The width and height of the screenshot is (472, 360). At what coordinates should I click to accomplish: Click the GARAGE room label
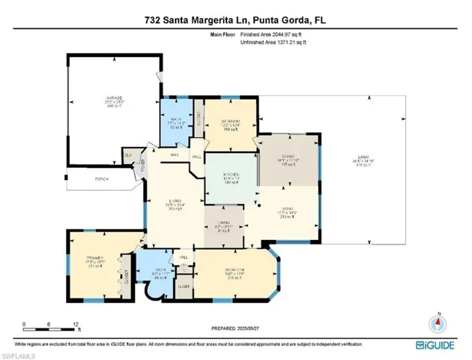(114, 97)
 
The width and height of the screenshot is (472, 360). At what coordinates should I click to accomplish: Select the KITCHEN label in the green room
(231, 175)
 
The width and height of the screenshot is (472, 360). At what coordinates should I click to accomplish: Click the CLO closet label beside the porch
(128, 155)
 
